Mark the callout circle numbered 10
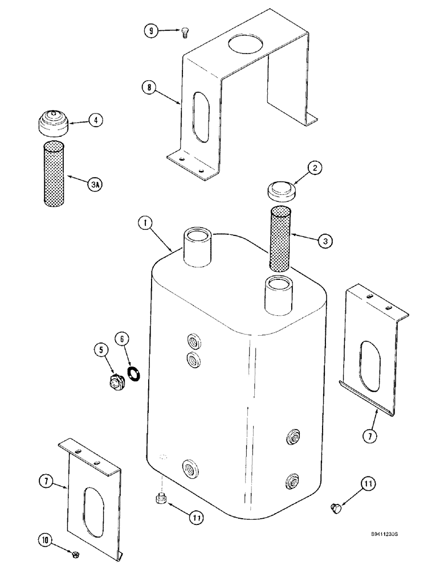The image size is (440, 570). click(x=43, y=539)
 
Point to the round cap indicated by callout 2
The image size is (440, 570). click(x=282, y=190)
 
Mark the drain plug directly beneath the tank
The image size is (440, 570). click(x=161, y=500)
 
